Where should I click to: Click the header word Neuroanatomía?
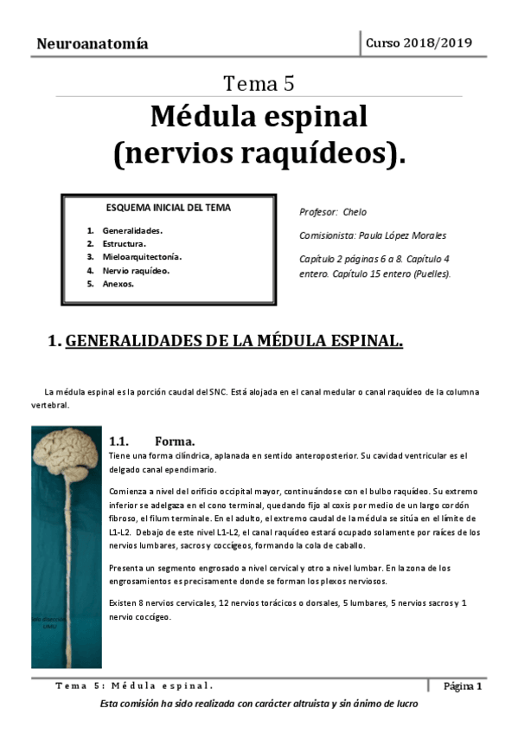click(93, 43)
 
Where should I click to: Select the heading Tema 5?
click(259, 84)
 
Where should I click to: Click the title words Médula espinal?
click(259, 116)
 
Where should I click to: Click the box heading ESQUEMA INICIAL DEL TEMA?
click(168, 208)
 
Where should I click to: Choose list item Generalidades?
click(132, 231)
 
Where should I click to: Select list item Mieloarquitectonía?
click(142, 257)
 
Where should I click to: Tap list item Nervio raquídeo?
click(136, 270)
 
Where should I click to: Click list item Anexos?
click(118, 283)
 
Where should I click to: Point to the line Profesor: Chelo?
click(333, 212)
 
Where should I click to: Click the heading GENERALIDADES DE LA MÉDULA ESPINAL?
click(233, 341)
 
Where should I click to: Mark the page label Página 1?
click(463, 686)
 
